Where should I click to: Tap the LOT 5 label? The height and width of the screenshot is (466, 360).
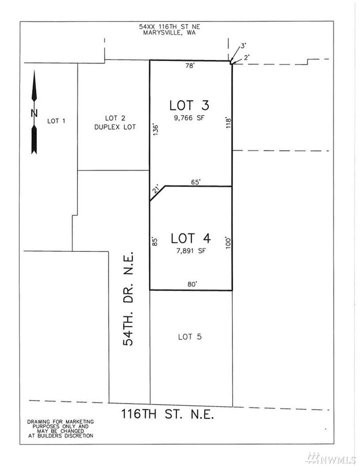point(189,337)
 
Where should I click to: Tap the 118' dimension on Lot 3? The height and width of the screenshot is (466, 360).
point(227,123)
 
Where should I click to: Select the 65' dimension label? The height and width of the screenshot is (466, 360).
point(195,182)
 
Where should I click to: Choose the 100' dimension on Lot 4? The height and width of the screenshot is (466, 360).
point(227,243)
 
